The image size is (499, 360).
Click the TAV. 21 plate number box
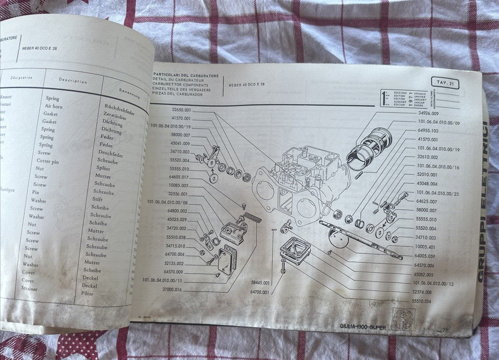tap(445, 83)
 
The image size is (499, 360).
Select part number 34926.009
tap(428, 113)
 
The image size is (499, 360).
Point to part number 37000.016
tap(170, 290)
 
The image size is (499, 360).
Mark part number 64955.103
tap(428, 131)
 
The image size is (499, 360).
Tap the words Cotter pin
tap(48, 162)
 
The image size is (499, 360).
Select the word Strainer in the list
tap(29, 289)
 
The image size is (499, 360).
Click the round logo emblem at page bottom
tap(403, 318)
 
